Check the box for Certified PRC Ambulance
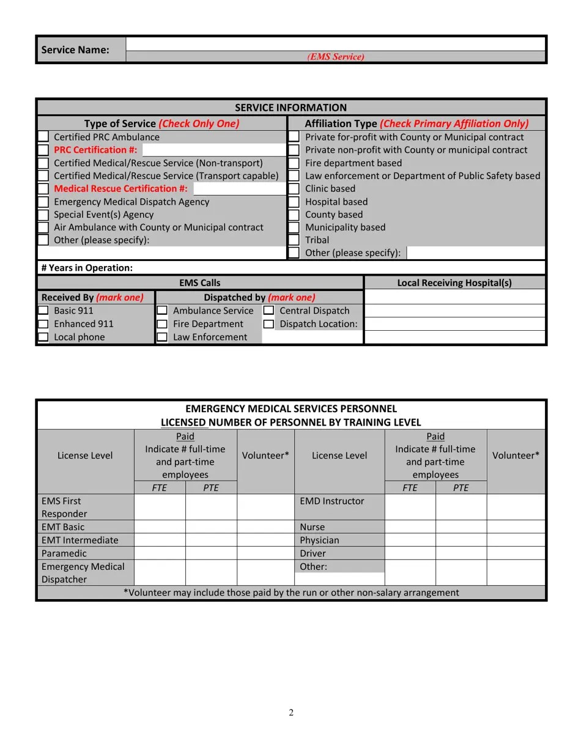(43, 137)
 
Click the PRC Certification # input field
(213, 150)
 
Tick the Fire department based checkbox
(294, 163)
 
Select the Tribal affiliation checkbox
(294, 240)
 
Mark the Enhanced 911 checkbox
(43, 324)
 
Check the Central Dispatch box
(268, 311)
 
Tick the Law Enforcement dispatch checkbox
(162, 337)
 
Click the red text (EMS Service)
(336, 57)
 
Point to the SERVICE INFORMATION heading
(290, 108)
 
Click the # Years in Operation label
(87, 268)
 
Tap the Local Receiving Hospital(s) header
(454, 282)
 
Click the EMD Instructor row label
(332, 501)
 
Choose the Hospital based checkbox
(294, 202)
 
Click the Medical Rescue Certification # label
(120, 188)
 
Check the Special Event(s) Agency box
(43, 215)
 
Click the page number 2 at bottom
(291, 712)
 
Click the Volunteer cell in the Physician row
(516, 540)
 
